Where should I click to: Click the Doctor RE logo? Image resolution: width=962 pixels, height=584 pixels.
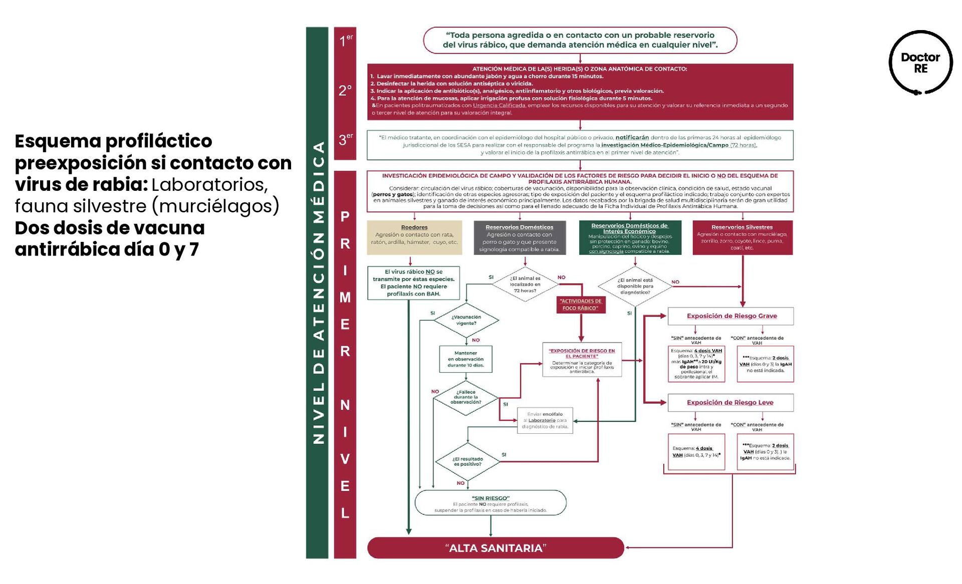pos(920,63)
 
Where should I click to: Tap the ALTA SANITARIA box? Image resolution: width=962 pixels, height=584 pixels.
pos(495,548)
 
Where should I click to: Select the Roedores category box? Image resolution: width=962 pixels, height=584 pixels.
pos(414,237)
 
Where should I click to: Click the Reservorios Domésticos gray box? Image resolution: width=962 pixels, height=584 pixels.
pos(520,238)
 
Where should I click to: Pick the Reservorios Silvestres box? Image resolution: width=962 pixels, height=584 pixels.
pos(742,237)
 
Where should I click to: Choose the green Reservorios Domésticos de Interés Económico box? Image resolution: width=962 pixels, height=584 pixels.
pos(630,238)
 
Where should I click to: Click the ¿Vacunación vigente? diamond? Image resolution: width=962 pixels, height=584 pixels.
pos(466,320)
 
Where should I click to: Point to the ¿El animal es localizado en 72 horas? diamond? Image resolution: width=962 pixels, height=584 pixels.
pos(525,284)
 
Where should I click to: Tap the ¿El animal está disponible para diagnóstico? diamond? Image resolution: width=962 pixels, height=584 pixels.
pos(635,286)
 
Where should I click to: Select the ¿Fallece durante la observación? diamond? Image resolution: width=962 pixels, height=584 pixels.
pos(466,398)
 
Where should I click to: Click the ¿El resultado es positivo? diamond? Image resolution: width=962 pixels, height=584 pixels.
pos(467,462)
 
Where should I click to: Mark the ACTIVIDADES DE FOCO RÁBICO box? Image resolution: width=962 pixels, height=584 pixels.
pos(581,305)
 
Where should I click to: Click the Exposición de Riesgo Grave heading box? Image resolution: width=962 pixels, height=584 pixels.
pos(731,316)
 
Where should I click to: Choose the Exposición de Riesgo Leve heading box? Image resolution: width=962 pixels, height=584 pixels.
pos(730,403)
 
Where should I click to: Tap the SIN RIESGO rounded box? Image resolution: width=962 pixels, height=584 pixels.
pos(491,503)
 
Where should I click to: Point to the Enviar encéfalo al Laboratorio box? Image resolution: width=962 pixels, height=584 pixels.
pos(545,420)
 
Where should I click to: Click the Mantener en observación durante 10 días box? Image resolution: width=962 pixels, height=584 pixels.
pos(465,359)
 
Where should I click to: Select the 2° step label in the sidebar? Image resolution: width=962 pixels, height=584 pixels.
pos(345,91)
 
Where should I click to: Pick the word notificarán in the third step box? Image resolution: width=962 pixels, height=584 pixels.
pos(632,137)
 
